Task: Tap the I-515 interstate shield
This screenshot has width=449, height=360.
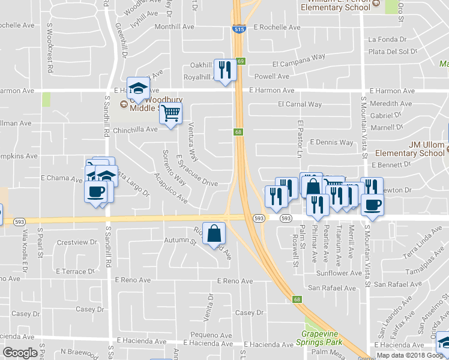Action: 238,28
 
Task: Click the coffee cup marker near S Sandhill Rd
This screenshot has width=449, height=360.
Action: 96,192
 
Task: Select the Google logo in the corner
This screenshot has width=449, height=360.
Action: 20,353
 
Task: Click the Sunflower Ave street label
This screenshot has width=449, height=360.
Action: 339,273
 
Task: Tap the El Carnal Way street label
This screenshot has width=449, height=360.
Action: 300,104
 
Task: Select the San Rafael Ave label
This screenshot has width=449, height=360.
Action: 332,288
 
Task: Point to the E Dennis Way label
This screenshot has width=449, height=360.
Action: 331,143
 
